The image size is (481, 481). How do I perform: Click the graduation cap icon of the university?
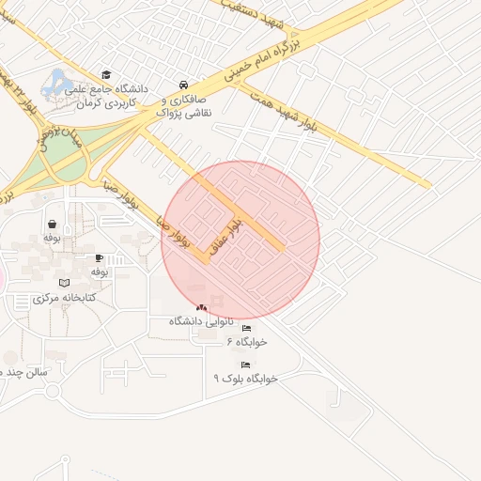tap(106, 74)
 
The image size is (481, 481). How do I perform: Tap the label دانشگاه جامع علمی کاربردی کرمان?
tap(107, 94)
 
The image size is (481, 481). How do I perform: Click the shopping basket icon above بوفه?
tap(52, 225)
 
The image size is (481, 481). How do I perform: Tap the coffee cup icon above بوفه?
tap(100, 257)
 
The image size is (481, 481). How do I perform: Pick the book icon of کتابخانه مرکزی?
tap(64, 283)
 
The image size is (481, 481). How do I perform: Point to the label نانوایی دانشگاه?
tap(200, 321)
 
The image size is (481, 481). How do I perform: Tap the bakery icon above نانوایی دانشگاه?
tap(201, 307)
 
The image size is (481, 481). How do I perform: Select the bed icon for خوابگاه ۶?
tap(246, 328)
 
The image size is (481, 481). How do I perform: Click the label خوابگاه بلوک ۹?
tap(245, 378)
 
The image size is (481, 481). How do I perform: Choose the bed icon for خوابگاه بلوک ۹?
tap(245, 365)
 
